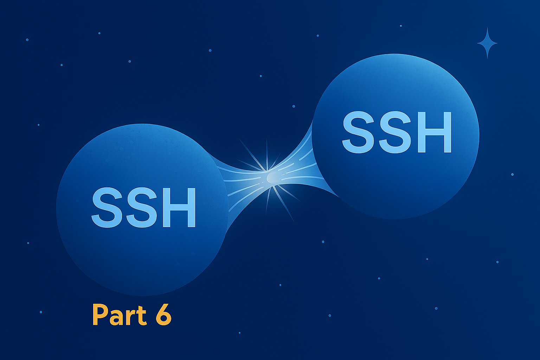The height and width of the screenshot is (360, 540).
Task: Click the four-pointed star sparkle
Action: (487, 43)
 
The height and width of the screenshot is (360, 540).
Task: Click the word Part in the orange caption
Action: (120, 315)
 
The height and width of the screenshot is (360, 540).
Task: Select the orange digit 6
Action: (164, 315)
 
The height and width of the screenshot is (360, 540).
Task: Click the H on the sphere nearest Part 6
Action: (179, 208)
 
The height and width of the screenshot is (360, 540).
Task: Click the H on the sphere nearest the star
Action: (435, 132)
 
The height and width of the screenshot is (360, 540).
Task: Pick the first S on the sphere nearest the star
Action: (358, 132)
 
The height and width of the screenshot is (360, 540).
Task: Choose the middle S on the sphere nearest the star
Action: (395, 132)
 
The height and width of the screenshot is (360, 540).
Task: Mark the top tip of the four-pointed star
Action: (487, 27)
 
